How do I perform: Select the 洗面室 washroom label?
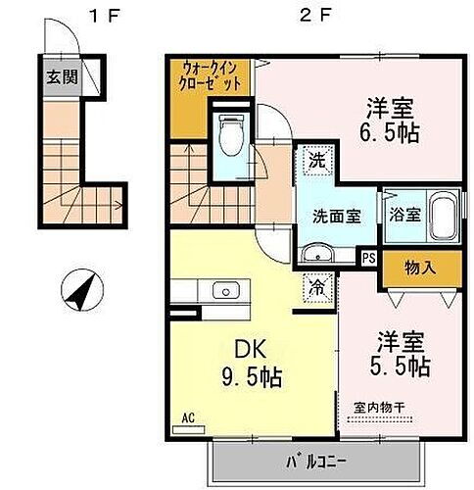coord(334,216)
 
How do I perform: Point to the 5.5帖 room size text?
coord(403,366)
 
